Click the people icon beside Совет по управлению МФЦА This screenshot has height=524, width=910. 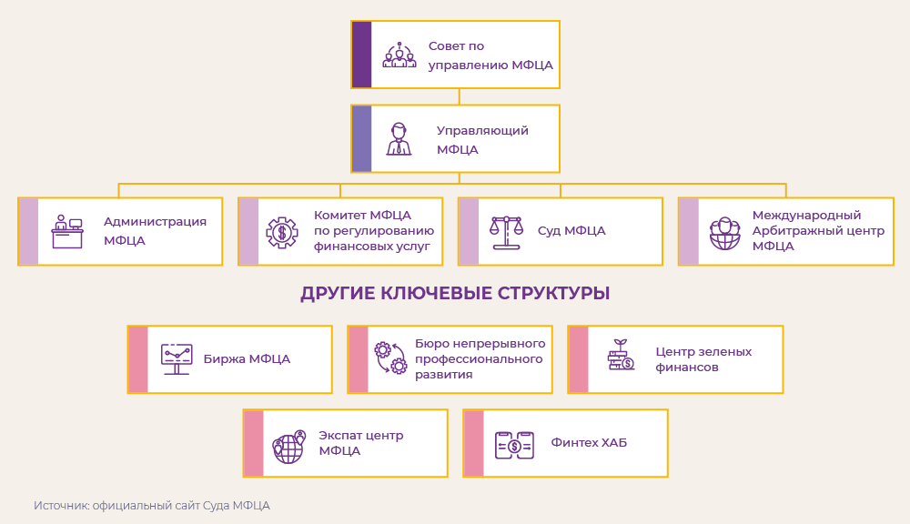tap(399, 55)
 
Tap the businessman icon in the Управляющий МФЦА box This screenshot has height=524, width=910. tap(399, 139)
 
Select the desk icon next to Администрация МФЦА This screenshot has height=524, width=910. tap(67, 232)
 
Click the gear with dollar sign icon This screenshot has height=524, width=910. tap(282, 232)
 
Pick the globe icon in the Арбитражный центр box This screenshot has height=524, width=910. tap(725, 233)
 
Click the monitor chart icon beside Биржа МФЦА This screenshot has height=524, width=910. tap(177, 359)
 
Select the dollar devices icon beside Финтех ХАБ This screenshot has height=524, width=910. tap(514, 445)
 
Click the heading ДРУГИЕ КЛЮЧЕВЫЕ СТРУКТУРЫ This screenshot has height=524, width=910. tap(455, 294)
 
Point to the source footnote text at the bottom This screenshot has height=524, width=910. tap(152, 506)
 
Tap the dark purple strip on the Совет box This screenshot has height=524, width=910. tap(361, 55)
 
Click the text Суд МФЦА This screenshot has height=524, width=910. tap(571, 231)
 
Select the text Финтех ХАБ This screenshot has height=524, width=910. tap(589, 443)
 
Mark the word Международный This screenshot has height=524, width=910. tap(806, 216)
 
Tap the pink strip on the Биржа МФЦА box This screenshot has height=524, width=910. tap(137, 359)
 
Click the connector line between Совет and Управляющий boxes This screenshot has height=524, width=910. tap(460, 96)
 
